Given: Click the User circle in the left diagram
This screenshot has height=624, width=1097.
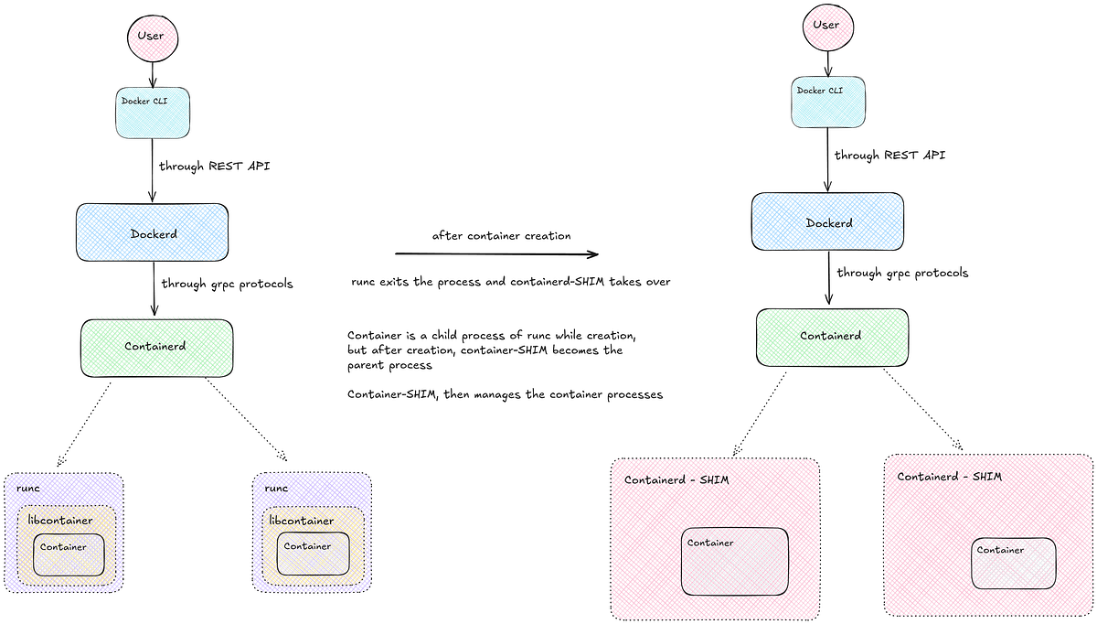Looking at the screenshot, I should [x=150, y=38].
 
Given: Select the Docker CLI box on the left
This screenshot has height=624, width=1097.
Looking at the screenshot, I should [x=153, y=113].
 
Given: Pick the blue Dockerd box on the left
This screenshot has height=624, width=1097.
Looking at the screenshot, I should [x=153, y=233].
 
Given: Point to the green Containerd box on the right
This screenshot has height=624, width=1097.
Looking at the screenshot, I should [x=832, y=336].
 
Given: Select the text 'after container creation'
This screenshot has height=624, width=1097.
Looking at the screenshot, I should [x=502, y=235].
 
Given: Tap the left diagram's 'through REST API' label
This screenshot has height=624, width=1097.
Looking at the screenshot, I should [x=215, y=167].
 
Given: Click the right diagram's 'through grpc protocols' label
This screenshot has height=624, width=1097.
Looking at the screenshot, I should [x=902, y=273].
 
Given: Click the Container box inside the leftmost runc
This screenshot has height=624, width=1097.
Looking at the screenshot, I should [x=69, y=554].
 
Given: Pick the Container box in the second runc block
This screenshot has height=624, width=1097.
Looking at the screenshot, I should [x=314, y=554].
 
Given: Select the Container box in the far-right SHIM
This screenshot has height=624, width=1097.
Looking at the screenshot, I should [x=1013, y=563].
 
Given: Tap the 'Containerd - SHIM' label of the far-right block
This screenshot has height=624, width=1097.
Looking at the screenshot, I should [x=949, y=477].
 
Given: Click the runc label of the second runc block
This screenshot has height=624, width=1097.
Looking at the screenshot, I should [x=276, y=489].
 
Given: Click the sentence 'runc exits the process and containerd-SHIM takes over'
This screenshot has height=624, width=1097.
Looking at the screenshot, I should [x=511, y=282].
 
